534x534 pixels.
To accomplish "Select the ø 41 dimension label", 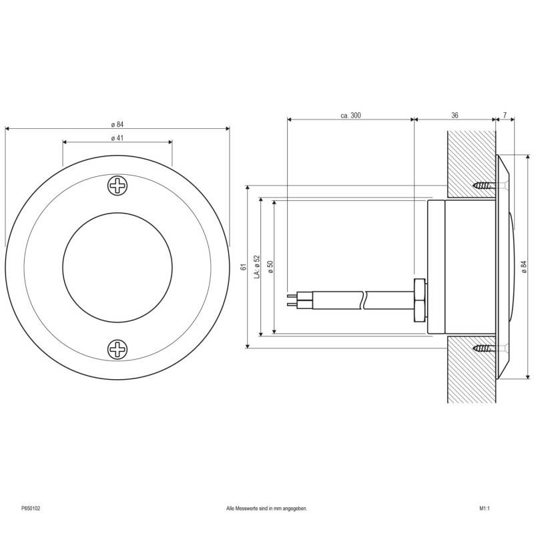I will [x=117, y=138].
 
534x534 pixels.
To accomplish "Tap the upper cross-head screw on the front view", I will [x=117, y=186].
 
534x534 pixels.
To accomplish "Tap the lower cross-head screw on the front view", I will [x=117, y=348].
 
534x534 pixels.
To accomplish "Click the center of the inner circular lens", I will [x=117, y=267].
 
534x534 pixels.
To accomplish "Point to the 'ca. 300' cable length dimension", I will [x=350, y=115].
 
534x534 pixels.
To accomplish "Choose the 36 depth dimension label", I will [x=455, y=115].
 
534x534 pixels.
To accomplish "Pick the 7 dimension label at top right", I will [x=505, y=115].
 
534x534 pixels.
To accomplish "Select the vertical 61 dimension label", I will [x=244, y=266].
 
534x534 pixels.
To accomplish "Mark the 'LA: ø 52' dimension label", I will [x=257, y=266].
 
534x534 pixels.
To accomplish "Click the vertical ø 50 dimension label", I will [x=270, y=266].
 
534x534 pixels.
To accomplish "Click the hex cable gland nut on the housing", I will [x=419, y=299].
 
